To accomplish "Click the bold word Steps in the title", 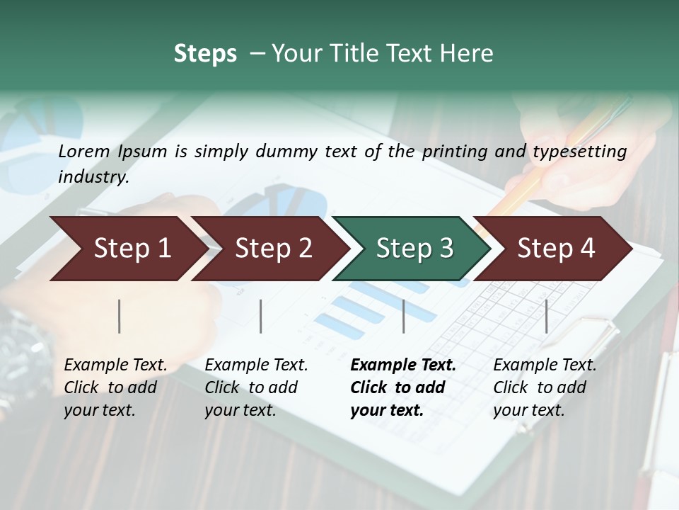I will point(205,54).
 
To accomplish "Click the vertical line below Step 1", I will point(120,316).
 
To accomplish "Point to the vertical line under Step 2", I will point(261,316).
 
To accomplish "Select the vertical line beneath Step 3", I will point(403,316).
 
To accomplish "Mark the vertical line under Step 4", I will point(546,316).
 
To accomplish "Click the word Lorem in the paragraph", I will point(84,151).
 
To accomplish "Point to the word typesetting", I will point(579,152).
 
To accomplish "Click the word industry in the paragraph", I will point(93,177).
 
